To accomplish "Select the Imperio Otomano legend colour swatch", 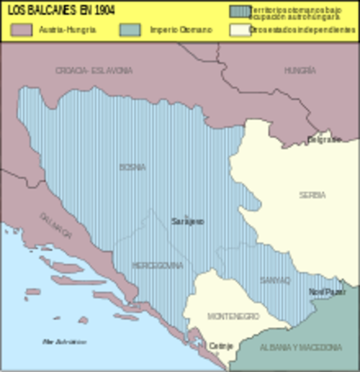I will [132, 29].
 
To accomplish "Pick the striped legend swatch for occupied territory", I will [239, 11].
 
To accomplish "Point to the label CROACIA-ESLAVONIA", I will [94, 71].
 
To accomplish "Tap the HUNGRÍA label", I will [299, 70].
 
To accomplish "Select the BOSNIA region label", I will [132, 167].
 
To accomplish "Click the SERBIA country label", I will [312, 195].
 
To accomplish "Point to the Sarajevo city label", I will [187, 222].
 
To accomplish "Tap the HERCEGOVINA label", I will [158, 265].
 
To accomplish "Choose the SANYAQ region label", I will [275, 279].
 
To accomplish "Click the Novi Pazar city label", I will [327, 292].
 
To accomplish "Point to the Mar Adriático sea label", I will [64, 341].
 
